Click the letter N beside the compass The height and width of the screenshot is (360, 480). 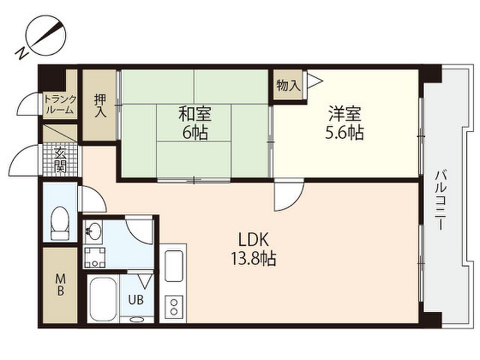[22, 53]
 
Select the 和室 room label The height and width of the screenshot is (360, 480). [195, 114]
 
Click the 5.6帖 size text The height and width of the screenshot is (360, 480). [345, 133]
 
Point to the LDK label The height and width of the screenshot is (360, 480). [254, 240]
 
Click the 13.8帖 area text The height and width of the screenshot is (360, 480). [254, 259]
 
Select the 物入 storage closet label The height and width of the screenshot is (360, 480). [288, 85]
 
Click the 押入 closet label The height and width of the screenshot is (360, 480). [100, 106]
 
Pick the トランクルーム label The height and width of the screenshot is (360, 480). [60, 105]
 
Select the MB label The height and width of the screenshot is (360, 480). [60, 285]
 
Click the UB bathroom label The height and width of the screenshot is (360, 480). [136, 300]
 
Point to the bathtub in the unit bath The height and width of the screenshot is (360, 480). [103, 299]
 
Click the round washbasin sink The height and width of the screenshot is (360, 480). [93, 231]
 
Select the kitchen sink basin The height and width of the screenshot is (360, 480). [174, 266]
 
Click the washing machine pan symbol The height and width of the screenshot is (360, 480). [95, 257]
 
